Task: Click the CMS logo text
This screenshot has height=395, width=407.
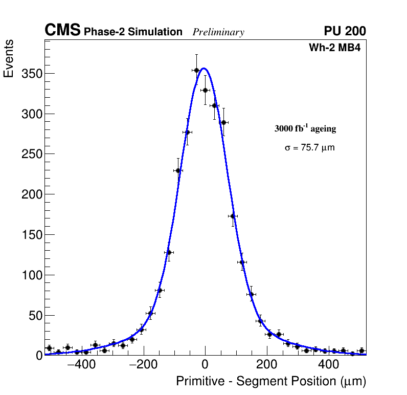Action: tap(62, 31)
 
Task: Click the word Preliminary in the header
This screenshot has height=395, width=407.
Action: tap(218, 32)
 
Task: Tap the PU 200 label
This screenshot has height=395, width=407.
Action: tap(345, 31)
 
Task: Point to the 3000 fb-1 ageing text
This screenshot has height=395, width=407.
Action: tap(305, 128)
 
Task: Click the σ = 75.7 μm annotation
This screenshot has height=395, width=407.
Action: tap(310, 148)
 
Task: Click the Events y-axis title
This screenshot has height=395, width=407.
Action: tap(9, 59)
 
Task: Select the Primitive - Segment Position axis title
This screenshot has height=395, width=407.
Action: tap(271, 381)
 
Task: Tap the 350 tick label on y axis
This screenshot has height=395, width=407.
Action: tap(31, 73)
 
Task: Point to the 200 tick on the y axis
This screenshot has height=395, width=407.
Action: tap(31, 194)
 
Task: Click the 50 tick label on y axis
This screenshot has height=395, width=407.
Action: tap(34, 316)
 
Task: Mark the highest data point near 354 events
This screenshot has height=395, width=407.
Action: tap(196, 70)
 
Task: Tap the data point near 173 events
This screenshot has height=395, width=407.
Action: tap(233, 216)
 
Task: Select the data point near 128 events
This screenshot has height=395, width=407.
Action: tap(168, 252)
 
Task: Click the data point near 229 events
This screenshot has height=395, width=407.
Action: tap(178, 170)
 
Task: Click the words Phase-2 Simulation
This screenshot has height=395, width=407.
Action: tap(133, 32)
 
